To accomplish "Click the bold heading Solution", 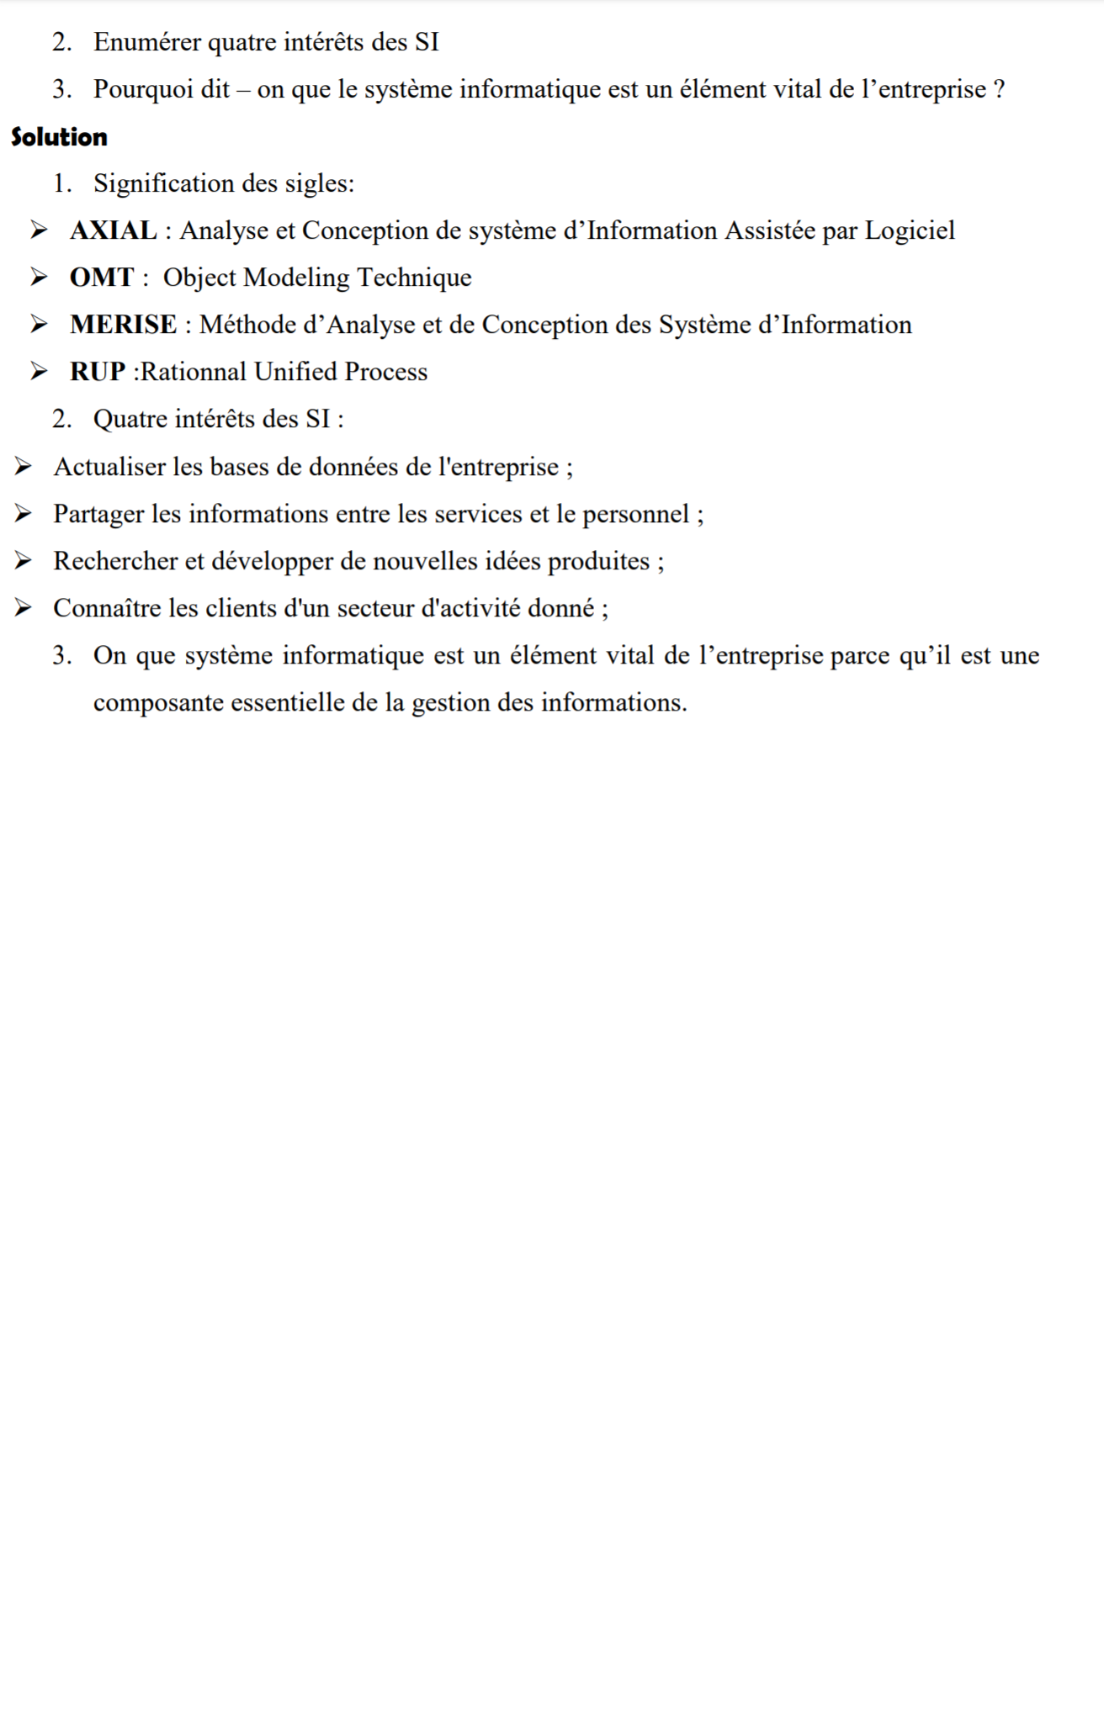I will point(59,137).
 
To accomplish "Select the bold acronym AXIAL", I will point(113,230).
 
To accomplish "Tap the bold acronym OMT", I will point(102,278).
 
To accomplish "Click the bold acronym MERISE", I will point(123,325).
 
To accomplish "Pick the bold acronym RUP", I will point(98,372).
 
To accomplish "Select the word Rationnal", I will point(194,372).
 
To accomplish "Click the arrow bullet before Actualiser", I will point(23,467).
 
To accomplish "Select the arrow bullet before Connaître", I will point(23,608).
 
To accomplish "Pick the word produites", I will point(598,561).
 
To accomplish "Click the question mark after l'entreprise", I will point(999,89).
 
